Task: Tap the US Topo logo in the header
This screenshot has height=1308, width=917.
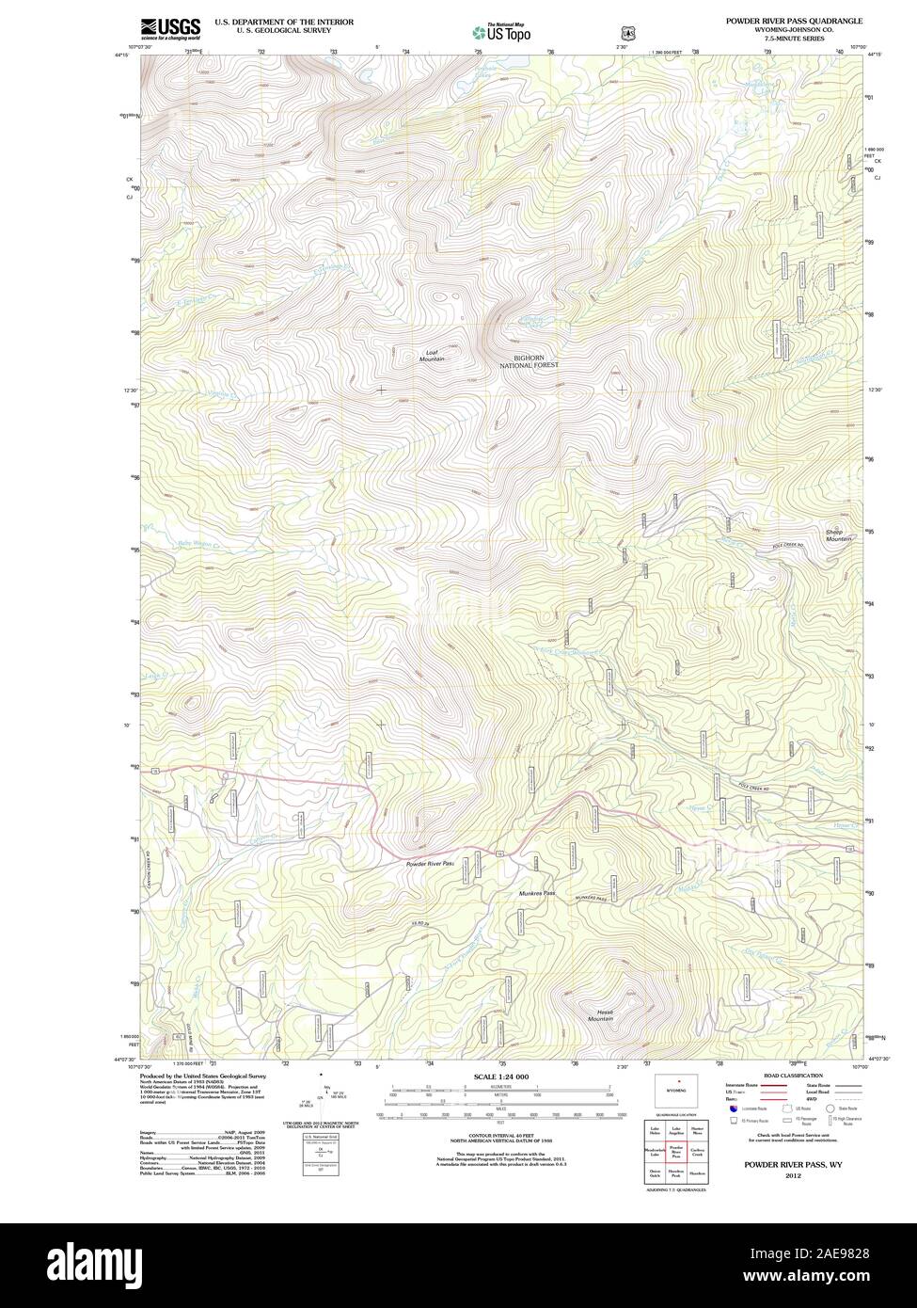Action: pos(501,32)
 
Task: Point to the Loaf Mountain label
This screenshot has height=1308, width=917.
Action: pos(432,356)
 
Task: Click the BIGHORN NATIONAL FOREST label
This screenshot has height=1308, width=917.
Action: pos(529,360)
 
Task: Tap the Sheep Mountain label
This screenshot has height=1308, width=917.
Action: pos(838,534)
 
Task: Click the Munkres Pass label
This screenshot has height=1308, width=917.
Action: pos(537,893)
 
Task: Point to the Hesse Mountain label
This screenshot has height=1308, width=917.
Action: pos(601,1015)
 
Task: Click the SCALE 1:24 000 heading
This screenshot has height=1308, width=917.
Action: pos(501,1077)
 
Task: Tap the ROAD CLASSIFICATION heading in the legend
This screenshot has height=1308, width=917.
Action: pos(793,1076)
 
